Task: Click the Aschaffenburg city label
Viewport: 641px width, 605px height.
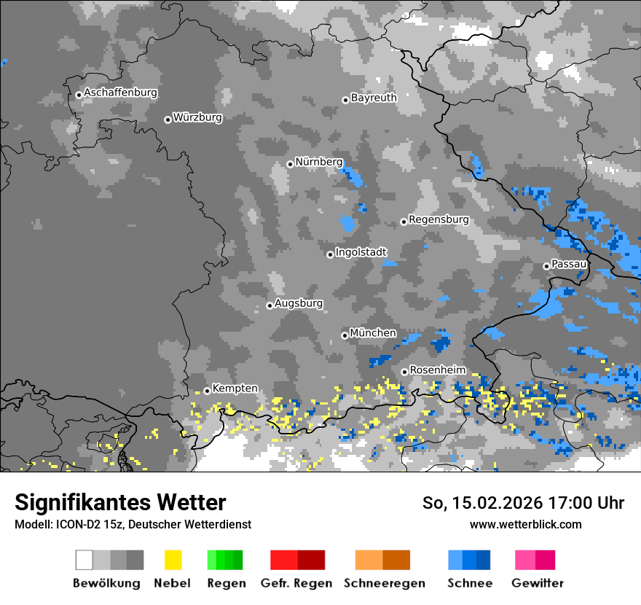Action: click(120, 93)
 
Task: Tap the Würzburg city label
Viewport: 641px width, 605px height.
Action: click(197, 118)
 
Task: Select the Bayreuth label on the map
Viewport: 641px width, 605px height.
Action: click(374, 98)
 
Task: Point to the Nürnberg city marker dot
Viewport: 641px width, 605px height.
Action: click(290, 164)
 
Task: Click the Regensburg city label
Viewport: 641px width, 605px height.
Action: click(439, 219)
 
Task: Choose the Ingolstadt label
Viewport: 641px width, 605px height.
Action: click(361, 252)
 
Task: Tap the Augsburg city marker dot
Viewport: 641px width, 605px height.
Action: click(270, 305)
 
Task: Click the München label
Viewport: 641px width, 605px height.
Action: click(373, 333)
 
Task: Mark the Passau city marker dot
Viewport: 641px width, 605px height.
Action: click(546, 266)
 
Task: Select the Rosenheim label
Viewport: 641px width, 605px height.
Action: click(437, 370)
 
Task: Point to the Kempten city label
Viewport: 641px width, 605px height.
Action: click(235, 389)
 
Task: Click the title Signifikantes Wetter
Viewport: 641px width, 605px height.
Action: click(120, 502)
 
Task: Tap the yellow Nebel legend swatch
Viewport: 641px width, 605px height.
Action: click(173, 560)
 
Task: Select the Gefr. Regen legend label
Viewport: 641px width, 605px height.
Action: click(296, 583)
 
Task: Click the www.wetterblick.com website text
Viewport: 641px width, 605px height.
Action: click(525, 524)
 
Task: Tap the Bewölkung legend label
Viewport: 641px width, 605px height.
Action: click(106, 583)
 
